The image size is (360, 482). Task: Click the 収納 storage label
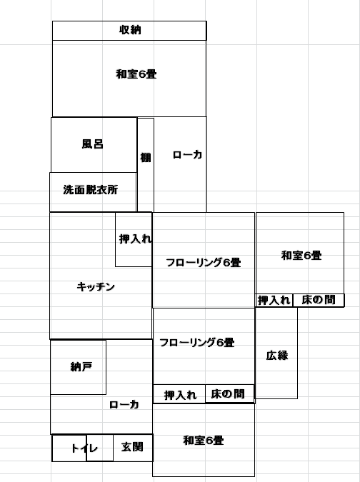[130, 30]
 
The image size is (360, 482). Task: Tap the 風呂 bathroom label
[93, 144]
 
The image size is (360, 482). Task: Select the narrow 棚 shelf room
[146, 165]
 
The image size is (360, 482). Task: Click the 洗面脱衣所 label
[91, 190]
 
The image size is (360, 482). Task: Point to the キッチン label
[96, 286]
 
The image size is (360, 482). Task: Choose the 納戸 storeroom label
[81, 367]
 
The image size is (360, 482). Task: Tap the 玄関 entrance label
[132, 447]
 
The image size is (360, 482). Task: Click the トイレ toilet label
[84, 448]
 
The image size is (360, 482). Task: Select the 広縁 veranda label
[277, 356]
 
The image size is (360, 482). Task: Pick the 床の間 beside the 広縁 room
[319, 301]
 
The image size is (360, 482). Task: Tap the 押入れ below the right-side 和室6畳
[274, 301]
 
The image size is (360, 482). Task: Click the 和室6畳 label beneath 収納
[136, 74]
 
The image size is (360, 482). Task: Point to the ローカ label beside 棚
[187, 154]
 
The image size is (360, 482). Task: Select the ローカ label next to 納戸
[124, 405]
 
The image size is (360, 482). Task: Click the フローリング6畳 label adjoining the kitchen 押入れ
[203, 263]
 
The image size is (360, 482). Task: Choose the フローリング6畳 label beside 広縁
[197, 343]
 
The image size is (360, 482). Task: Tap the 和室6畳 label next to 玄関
[204, 441]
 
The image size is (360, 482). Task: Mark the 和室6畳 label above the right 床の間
[301, 256]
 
